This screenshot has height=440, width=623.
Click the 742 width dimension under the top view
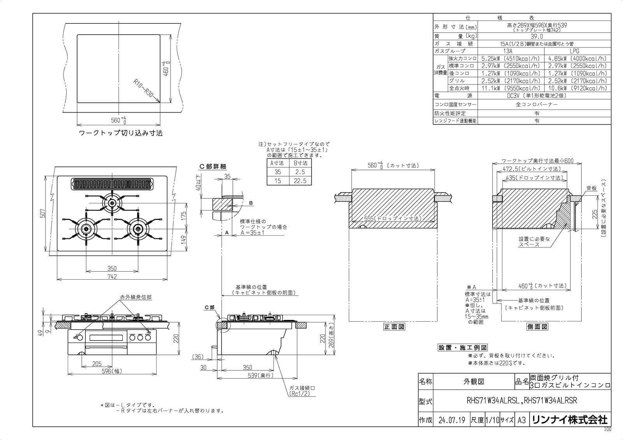click(112, 276)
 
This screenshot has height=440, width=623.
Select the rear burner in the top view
click(112, 202)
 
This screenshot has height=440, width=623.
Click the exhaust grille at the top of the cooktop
click(112, 184)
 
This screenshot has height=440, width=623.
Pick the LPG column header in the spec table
click(574, 51)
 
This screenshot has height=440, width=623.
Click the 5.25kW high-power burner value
click(510, 58)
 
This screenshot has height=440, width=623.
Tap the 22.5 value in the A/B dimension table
click(300, 181)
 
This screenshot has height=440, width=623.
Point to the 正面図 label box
click(394, 327)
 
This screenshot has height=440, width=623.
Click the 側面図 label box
click(537, 327)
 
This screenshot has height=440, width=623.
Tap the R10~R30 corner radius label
click(144, 89)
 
